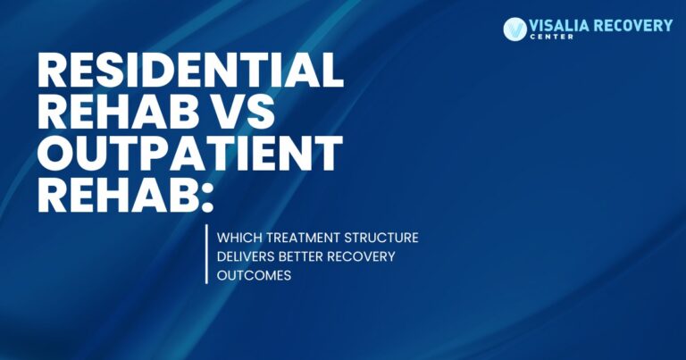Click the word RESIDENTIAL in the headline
coord(191,71)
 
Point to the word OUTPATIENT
coord(190,155)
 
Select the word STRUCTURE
coord(384,239)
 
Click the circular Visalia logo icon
coord(515,29)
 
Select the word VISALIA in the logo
coord(560,25)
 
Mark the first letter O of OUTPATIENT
coord(58,155)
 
